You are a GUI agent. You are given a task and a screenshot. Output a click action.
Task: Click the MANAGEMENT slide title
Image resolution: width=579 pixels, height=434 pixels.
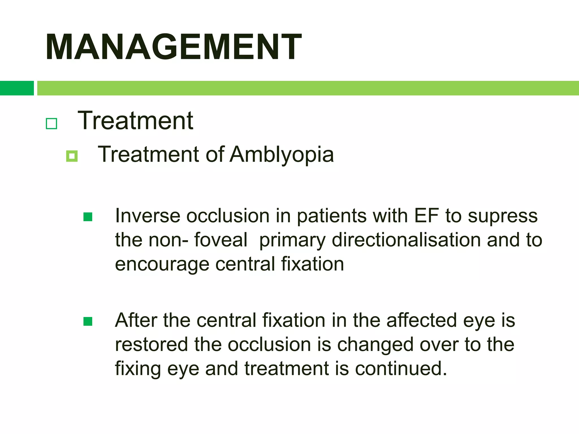(173, 47)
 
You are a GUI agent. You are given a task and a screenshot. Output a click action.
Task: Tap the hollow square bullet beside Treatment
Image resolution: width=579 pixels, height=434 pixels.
(51, 123)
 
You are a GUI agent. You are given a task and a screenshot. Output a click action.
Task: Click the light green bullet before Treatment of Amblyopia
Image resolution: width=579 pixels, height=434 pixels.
(72, 156)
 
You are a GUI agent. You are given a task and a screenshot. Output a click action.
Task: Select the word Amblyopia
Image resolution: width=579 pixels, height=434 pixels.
(282, 155)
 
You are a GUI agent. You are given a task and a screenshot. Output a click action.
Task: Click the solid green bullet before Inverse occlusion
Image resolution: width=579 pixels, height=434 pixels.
(88, 217)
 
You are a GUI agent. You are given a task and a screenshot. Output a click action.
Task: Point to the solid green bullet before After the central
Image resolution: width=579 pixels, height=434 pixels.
(88, 321)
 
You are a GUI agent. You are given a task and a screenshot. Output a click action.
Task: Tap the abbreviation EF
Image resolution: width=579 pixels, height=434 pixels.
(426, 216)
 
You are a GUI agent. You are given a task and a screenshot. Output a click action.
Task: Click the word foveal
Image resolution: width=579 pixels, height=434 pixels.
(221, 240)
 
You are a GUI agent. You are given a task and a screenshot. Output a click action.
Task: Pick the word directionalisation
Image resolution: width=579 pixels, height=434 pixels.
(406, 240)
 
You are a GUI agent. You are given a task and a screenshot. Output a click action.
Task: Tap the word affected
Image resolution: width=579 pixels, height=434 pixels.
(422, 320)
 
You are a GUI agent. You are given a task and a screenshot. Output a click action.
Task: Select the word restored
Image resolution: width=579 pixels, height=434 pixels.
(151, 345)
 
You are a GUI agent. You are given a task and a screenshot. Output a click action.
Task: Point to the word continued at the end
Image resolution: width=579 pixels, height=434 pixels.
(401, 369)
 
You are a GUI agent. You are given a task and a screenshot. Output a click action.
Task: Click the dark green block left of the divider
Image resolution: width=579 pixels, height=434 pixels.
(17, 88)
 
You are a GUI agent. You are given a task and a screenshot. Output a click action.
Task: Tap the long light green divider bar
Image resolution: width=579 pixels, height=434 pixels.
(308, 88)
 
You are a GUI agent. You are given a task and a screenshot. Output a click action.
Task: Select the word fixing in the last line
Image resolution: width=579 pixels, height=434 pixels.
(138, 369)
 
